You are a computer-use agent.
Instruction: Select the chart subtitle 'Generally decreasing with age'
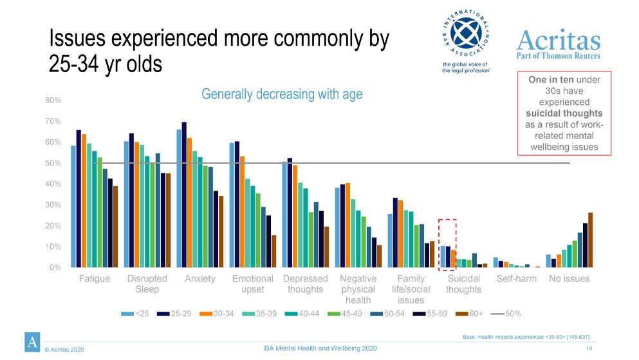tap(282, 94)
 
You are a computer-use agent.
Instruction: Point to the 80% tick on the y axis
tap(53, 100)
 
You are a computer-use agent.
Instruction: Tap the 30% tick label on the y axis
tap(53, 205)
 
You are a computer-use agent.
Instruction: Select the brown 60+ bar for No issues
tap(590, 240)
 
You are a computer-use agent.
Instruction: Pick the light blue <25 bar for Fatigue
tap(73, 206)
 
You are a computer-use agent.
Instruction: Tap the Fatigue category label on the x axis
tap(94, 279)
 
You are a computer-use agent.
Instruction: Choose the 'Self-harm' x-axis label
tap(517, 279)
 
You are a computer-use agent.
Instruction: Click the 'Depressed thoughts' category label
tap(306, 284)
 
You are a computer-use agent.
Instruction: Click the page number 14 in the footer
tap(589, 348)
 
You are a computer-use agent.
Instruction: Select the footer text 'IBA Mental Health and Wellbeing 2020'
tap(320, 348)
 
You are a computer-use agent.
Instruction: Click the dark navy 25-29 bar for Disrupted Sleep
tap(131, 200)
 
